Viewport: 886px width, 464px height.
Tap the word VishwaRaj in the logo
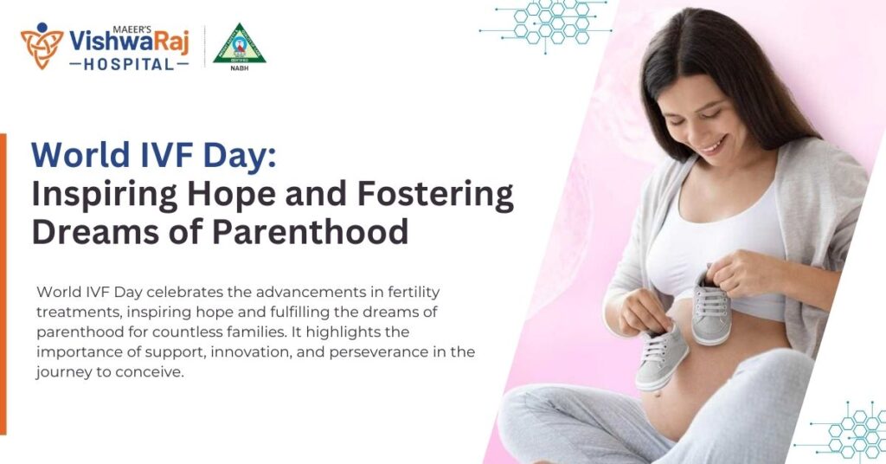tap(129, 40)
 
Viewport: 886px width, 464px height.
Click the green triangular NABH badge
tap(239, 43)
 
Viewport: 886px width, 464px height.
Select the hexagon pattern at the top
tap(545, 23)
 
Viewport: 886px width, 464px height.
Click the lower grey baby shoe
tap(662, 356)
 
